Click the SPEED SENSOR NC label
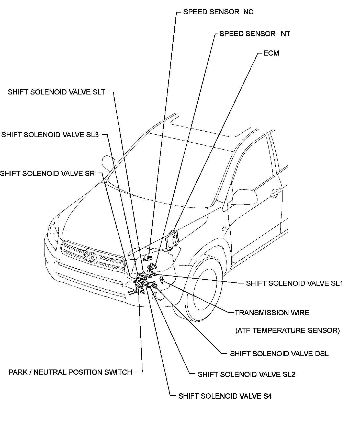click(218, 12)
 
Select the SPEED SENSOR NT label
click(255, 34)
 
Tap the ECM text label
click(271, 53)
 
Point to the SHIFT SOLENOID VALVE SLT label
click(57, 92)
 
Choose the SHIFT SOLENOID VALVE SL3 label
click(50, 135)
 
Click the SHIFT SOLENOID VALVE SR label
click(48, 174)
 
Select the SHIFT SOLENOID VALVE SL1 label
click(294, 283)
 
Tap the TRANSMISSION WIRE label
click(272, 313)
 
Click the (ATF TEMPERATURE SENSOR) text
click(287, 330)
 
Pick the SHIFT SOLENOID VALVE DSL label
click(279, 354)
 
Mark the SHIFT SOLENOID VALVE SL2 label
click(246, 375)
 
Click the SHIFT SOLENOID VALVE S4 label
click(225, 396)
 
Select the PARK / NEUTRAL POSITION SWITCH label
click(70, 372)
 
